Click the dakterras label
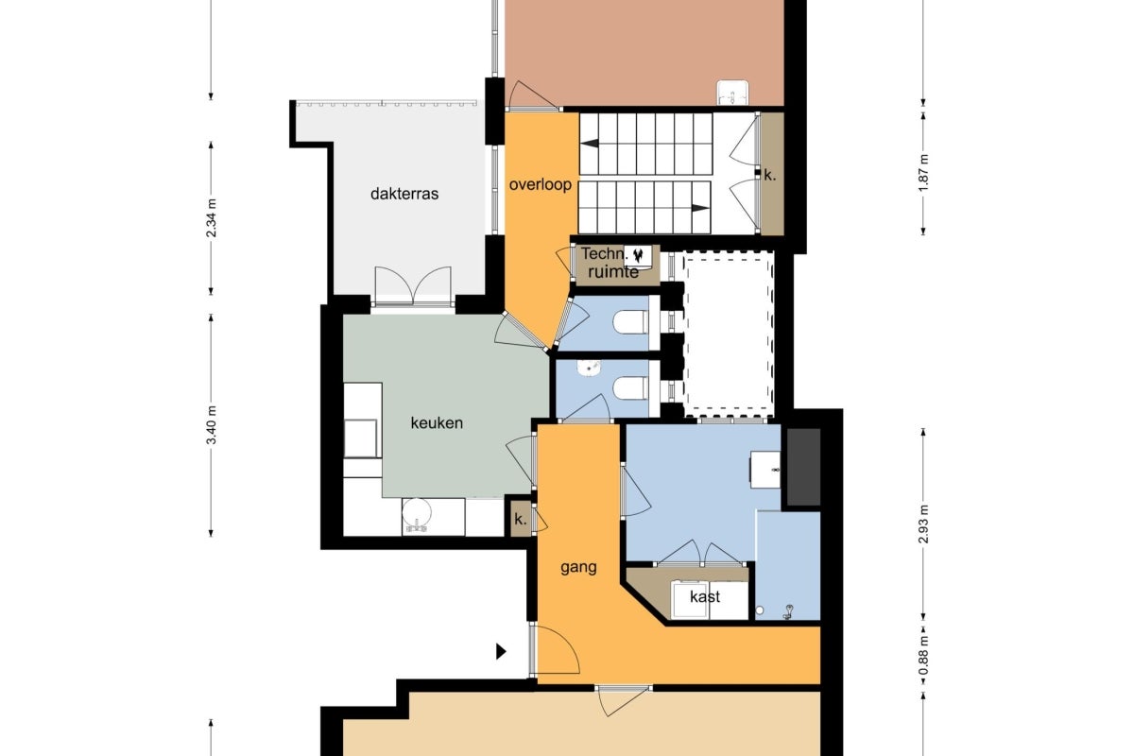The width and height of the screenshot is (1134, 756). click(x=404, y=194)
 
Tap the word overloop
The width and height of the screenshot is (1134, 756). click(x=541, y=185)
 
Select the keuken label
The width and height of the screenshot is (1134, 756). click(x=437, y=422)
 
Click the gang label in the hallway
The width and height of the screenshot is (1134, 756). click(x=578, y=568)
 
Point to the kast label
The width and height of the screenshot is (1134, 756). click(x=705, y=596)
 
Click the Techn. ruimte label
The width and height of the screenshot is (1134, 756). click(x=609, y=263)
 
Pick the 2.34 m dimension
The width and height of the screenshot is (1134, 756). click(x=212, y=218)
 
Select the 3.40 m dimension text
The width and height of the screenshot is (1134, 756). click(x=212, y=425)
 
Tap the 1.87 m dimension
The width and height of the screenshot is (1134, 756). click(x=923, y=173)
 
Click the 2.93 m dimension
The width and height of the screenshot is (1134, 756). click(x=923, y=524)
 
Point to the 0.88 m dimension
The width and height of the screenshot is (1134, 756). click(x=923, y=656)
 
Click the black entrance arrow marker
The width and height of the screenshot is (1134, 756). click(x=501, y=652)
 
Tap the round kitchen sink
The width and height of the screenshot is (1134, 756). click(x=416, y=513)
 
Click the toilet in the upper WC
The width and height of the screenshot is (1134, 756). click(x=630, y=322)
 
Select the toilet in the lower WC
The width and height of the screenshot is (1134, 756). click(x=630, y=388)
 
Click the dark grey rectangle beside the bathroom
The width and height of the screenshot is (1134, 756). click(x=803, y=467)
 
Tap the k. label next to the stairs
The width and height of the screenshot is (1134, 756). click(x=770, y=175)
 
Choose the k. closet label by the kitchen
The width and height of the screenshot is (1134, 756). click(x=521, y=519)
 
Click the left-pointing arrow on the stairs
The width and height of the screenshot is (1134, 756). click(x=590, y=144)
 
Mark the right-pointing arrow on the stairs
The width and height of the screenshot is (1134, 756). click(x=700, y=208)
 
